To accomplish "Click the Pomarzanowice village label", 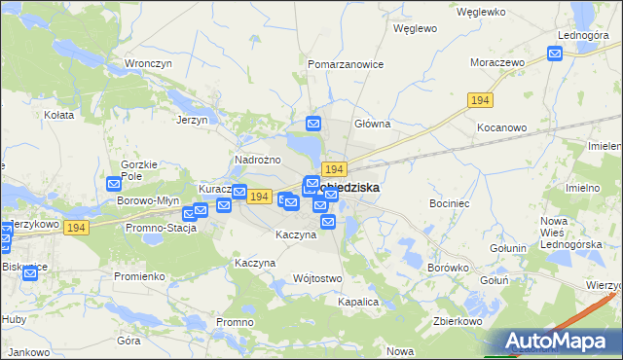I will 346,64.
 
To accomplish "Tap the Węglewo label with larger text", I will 414,29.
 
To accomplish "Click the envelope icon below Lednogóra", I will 554,54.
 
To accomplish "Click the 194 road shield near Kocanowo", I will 480,100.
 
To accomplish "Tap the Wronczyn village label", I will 148,64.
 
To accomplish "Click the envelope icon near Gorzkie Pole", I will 114,183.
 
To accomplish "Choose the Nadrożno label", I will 258,160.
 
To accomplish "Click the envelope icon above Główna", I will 313,124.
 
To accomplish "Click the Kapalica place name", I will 357,302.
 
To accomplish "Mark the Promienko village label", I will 139,276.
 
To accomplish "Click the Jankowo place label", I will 27,352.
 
